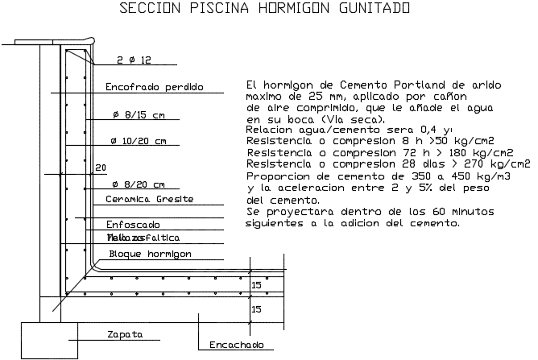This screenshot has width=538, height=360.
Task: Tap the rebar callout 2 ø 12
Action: pyautogui.click(x=134, y=60)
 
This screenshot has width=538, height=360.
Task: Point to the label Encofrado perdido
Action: pyautogui.click(x=154, y=87)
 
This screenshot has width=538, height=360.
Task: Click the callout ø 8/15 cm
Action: pyautogui.click(x=139, y=115)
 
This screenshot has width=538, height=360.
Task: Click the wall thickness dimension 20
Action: pyautogui.click(x=101, y=168)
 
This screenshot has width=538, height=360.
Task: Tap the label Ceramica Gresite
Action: pyautogui.click(x=150, y=199)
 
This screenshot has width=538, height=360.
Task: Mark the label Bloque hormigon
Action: pyautogui.click(x=149, y=253)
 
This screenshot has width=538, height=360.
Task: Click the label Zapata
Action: pyautogui.click(x=125, y=333)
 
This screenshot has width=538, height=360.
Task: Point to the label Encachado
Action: pyautogui.click(x=236, y=345)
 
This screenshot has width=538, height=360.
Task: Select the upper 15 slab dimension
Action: pyautogui.click(x=256, y=285)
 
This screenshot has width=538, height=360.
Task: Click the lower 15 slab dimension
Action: pyautogui.click(x=256, y=308)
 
